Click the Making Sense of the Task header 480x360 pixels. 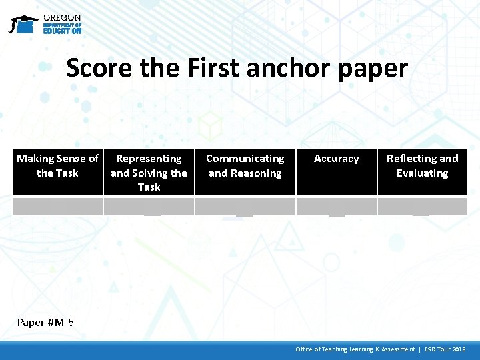coord(57,166)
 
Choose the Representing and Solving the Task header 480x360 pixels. coord(149,173)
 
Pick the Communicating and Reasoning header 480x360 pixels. coord(245,166)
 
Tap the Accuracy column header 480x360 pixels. coord(336,159)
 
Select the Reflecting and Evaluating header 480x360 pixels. coord(422,166)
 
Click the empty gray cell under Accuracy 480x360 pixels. coord(337,206)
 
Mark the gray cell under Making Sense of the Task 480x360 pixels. coord(57,206)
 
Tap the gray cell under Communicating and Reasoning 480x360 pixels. coord(245,206)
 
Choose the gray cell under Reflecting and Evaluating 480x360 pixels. coord(422,206)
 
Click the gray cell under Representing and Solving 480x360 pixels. coord(149,206)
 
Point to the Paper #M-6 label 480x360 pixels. coord(45,323)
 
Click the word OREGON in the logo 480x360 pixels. coord(62,17)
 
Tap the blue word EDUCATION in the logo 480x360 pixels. coord(62,31)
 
